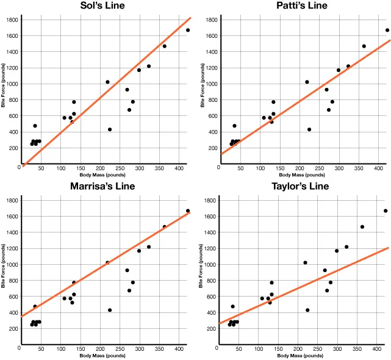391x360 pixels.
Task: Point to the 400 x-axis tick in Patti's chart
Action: point(378,168)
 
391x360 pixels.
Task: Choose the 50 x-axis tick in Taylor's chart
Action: point(240,348)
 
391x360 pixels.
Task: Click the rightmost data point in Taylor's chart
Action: point(386,211)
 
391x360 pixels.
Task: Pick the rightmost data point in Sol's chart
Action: point(188,30)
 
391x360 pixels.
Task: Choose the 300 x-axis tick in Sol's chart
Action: point(140,168)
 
